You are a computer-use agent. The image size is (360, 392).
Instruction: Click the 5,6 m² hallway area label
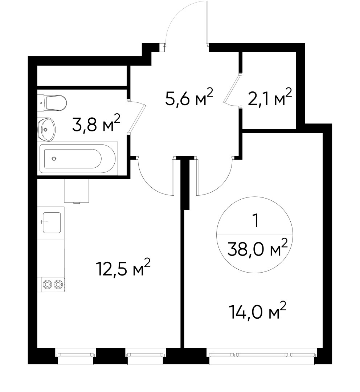188,98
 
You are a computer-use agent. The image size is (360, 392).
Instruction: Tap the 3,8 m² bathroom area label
96,123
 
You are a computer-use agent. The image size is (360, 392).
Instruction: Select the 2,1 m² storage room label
270,98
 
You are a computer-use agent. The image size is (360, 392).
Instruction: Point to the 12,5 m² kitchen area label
123,269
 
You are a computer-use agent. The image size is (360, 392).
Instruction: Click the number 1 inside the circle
257,221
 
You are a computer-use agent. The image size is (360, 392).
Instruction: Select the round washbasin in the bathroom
47,129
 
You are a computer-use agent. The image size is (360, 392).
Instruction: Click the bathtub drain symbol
54,158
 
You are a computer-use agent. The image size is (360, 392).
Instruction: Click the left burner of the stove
47,285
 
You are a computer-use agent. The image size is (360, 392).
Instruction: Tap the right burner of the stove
58,285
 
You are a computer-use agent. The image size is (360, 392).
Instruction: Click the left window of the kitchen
76,353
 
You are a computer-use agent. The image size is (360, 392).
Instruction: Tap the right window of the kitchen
146,353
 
